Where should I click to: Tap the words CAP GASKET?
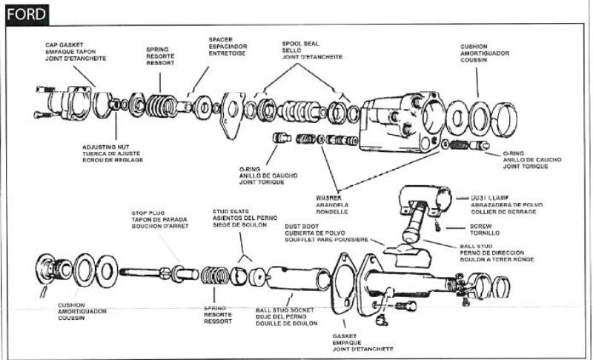click(63, 44)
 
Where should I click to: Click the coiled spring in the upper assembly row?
click(160, 103)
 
